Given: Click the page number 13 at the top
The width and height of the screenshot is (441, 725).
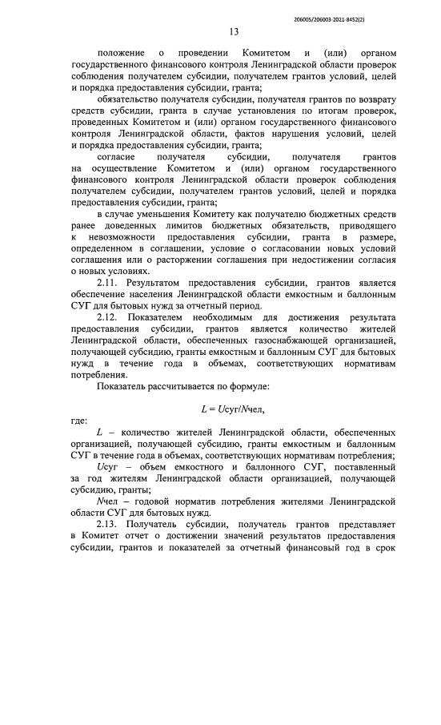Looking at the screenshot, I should pos(234,31).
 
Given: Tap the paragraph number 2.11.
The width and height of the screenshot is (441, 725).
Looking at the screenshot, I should pos(110,283).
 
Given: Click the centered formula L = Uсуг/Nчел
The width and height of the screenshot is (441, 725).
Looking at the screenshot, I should pos(233,409).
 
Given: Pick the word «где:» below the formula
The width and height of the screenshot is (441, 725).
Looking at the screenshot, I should pos(79,420).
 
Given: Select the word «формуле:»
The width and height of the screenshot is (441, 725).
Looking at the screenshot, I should pos(247,386).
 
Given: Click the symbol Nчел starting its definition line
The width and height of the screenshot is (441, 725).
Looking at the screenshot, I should pos(107,501).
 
